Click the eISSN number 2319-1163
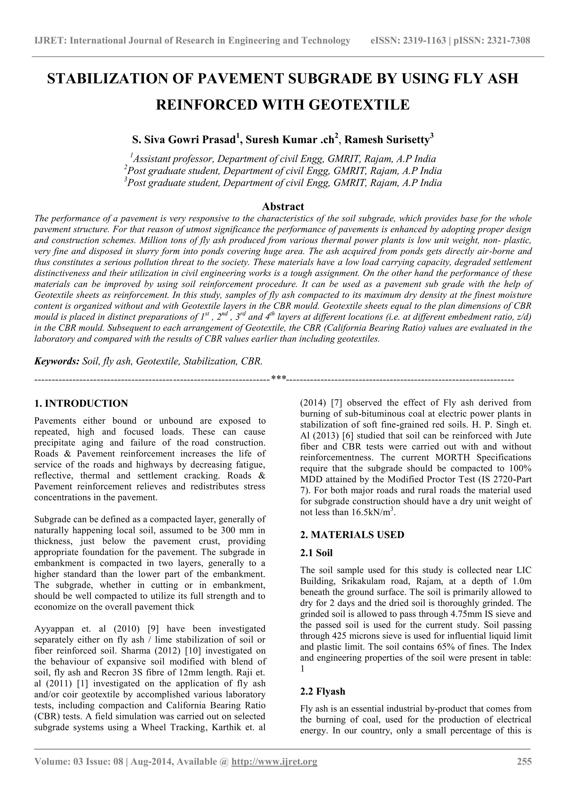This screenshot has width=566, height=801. click(424, 41)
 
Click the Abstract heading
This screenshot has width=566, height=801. click(283, 206)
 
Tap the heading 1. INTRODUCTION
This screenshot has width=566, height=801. click(81, 404)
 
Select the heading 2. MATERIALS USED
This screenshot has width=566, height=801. click(352, 535)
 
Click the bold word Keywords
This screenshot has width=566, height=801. click(56, 361)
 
